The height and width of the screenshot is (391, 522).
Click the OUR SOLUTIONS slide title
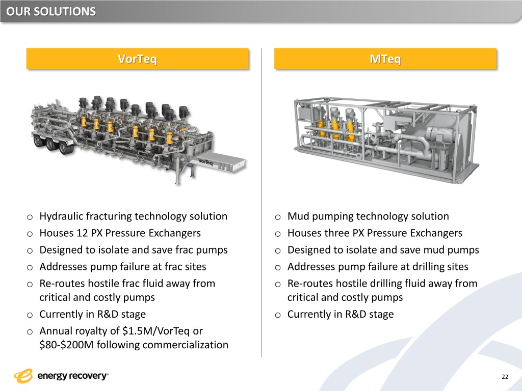click(x=51, y=11)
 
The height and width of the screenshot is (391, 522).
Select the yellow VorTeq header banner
click(x=137, y=59)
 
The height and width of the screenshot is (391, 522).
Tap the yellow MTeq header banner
click(x=385, y=59)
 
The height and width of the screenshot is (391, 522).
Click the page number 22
click(x=505, y=377)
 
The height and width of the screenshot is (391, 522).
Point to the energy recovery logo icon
click(x=23, y=376)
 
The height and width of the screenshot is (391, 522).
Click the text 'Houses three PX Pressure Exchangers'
click(x=375, y=233)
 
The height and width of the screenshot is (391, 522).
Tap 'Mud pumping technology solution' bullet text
click(x=368, y=216)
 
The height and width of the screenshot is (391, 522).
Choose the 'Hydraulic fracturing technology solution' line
click(x=133, y=216)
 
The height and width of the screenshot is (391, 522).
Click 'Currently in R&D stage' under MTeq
click(x=341, y=314)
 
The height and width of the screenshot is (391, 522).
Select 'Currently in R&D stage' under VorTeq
click(x=92, y=314)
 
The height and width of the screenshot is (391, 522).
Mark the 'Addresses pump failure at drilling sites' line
click(x=378, y=267)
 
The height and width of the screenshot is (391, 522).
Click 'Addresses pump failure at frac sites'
click(x=123, y=267)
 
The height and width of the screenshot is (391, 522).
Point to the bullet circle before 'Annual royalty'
click(x=30, y=331)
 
